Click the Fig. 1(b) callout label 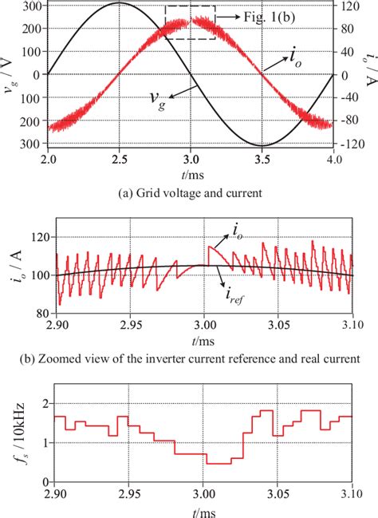(249, 15)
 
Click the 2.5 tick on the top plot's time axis (119, 160)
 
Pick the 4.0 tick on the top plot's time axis (333, 160)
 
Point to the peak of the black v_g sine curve (119, 3)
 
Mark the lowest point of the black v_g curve (262, 146)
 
